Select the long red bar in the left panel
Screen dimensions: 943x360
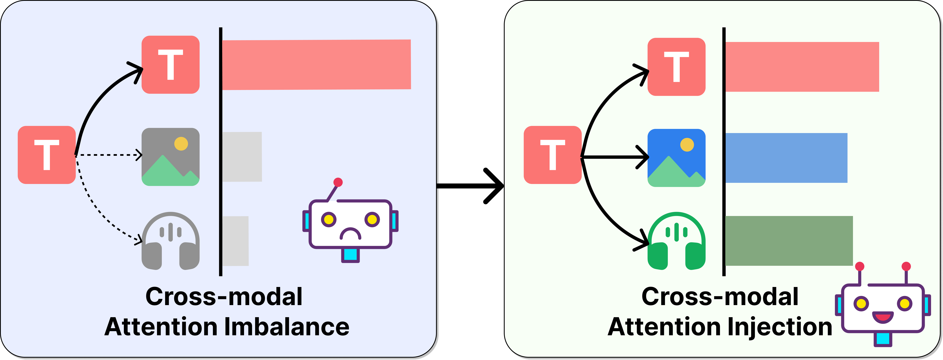pos(317,65)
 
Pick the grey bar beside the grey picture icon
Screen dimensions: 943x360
pos(242,157)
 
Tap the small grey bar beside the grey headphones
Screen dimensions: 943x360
pos(235,241)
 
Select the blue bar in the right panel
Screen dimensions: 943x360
pos(786,158)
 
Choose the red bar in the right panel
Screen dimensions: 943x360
pos(802,67)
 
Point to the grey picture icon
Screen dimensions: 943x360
pos(171,157)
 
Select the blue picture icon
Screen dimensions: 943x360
pos(677,158)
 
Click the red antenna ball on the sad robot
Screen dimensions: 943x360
pos(338,182)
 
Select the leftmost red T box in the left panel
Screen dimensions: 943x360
pos(47,155)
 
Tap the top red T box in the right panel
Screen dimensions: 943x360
pos(677,67)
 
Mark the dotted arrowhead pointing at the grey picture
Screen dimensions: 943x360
pos(139,155)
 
